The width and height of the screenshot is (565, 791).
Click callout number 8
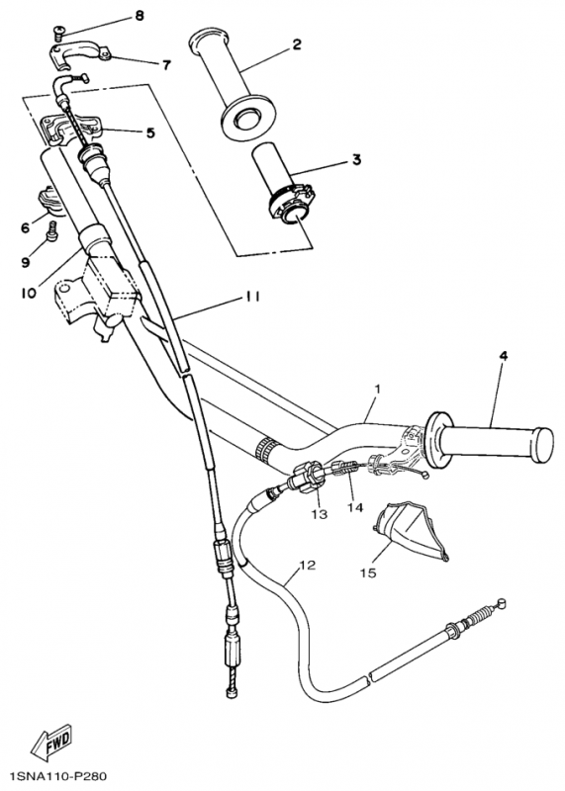[139, 16]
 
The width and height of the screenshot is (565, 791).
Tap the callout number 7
[166, 65]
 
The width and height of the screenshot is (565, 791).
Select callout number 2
[296, 44]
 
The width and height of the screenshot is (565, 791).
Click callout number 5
[150, 132]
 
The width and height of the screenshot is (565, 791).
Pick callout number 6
[25, 226]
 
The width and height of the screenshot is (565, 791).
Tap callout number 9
[25, 263]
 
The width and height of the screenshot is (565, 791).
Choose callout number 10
[27, 293]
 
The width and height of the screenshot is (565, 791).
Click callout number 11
[253, 297]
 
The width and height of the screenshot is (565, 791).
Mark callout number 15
[368, 571]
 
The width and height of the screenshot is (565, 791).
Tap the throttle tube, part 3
[282, 183]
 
